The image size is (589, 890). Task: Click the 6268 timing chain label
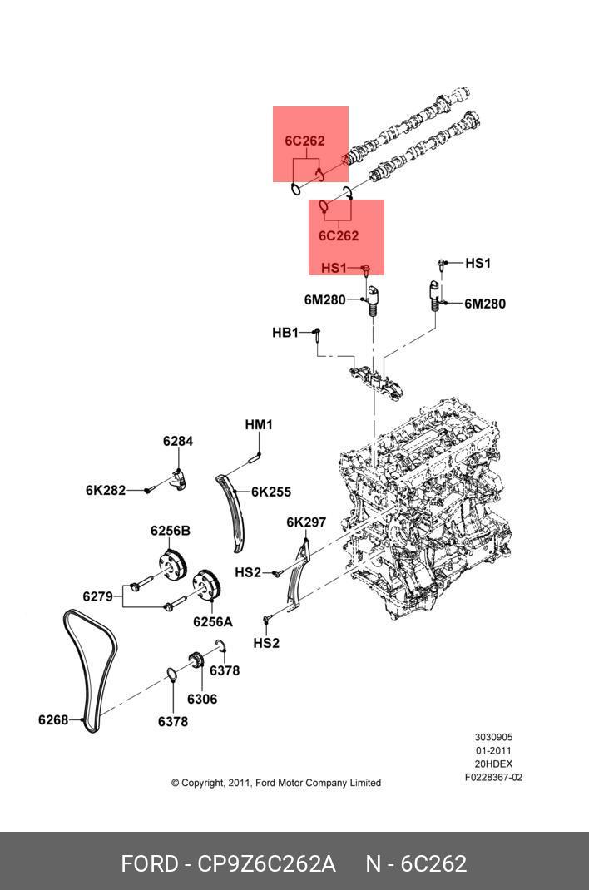(x=53, y=719)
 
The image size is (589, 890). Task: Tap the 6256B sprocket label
(x=170, y=531)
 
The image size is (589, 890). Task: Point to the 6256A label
(x=213, y=621)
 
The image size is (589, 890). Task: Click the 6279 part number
(x=97, y=596)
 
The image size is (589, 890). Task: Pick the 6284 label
(x=177, y=441)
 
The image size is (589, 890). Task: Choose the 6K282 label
(x=106, y=490)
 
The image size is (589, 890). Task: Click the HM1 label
(x=259, y=425)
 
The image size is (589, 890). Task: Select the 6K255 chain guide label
(x=271, y=492)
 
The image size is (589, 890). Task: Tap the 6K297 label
(x=306, y=522)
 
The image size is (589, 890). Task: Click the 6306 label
(x=201, y=699)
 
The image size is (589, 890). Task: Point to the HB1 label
(x=285, y=333)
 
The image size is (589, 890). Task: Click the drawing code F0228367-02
(x=493, y=778)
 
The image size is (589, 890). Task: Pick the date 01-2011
(x=493, y=751)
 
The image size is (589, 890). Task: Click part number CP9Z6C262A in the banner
(x=266, y=864)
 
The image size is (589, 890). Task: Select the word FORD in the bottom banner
(x=151, y=864)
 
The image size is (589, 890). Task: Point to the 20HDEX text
(x=493, y=764)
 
